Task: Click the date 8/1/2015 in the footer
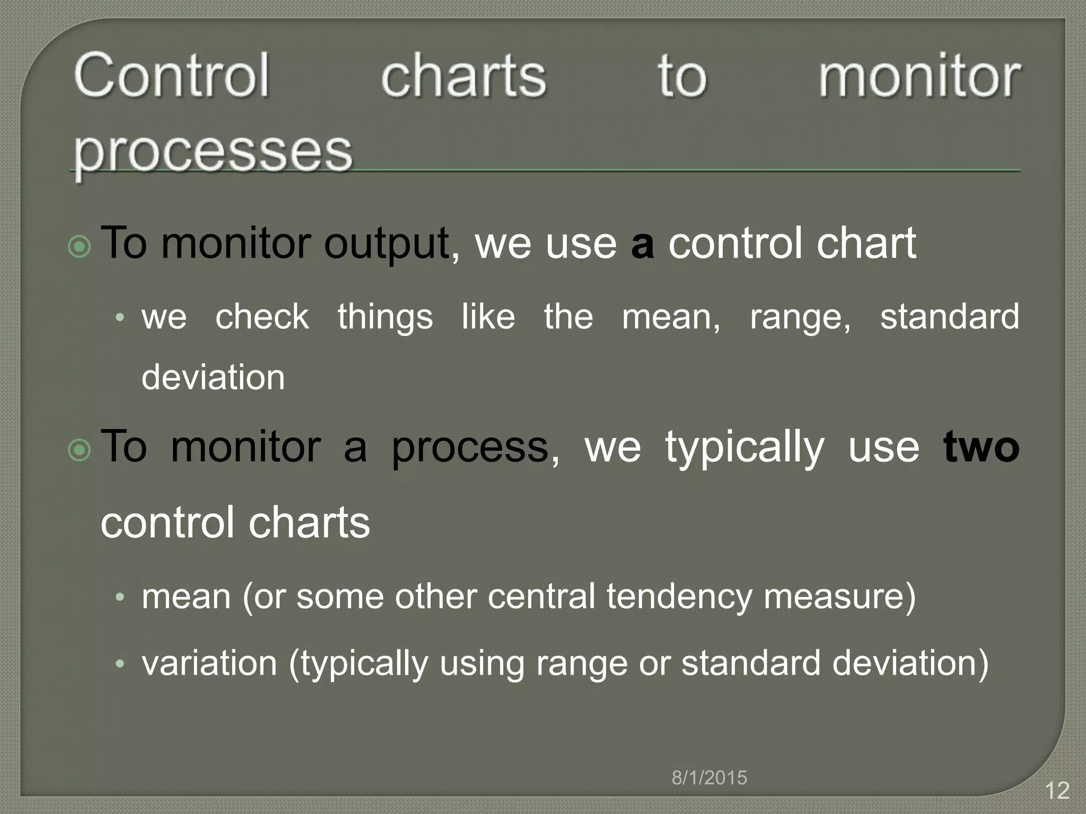709,778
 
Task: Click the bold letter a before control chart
642,244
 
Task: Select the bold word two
981,447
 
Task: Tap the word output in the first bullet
387,244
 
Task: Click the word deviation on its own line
213,377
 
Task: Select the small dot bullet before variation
120,663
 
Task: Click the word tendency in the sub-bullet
679,597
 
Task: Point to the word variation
209,663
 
